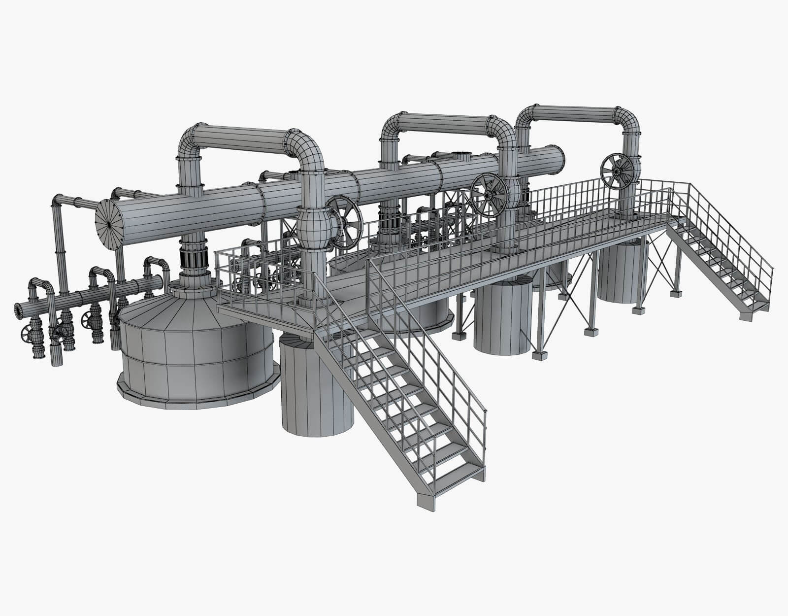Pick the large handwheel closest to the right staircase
(618, 171)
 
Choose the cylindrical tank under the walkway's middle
(502, 320)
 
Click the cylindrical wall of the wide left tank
(197, 365)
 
